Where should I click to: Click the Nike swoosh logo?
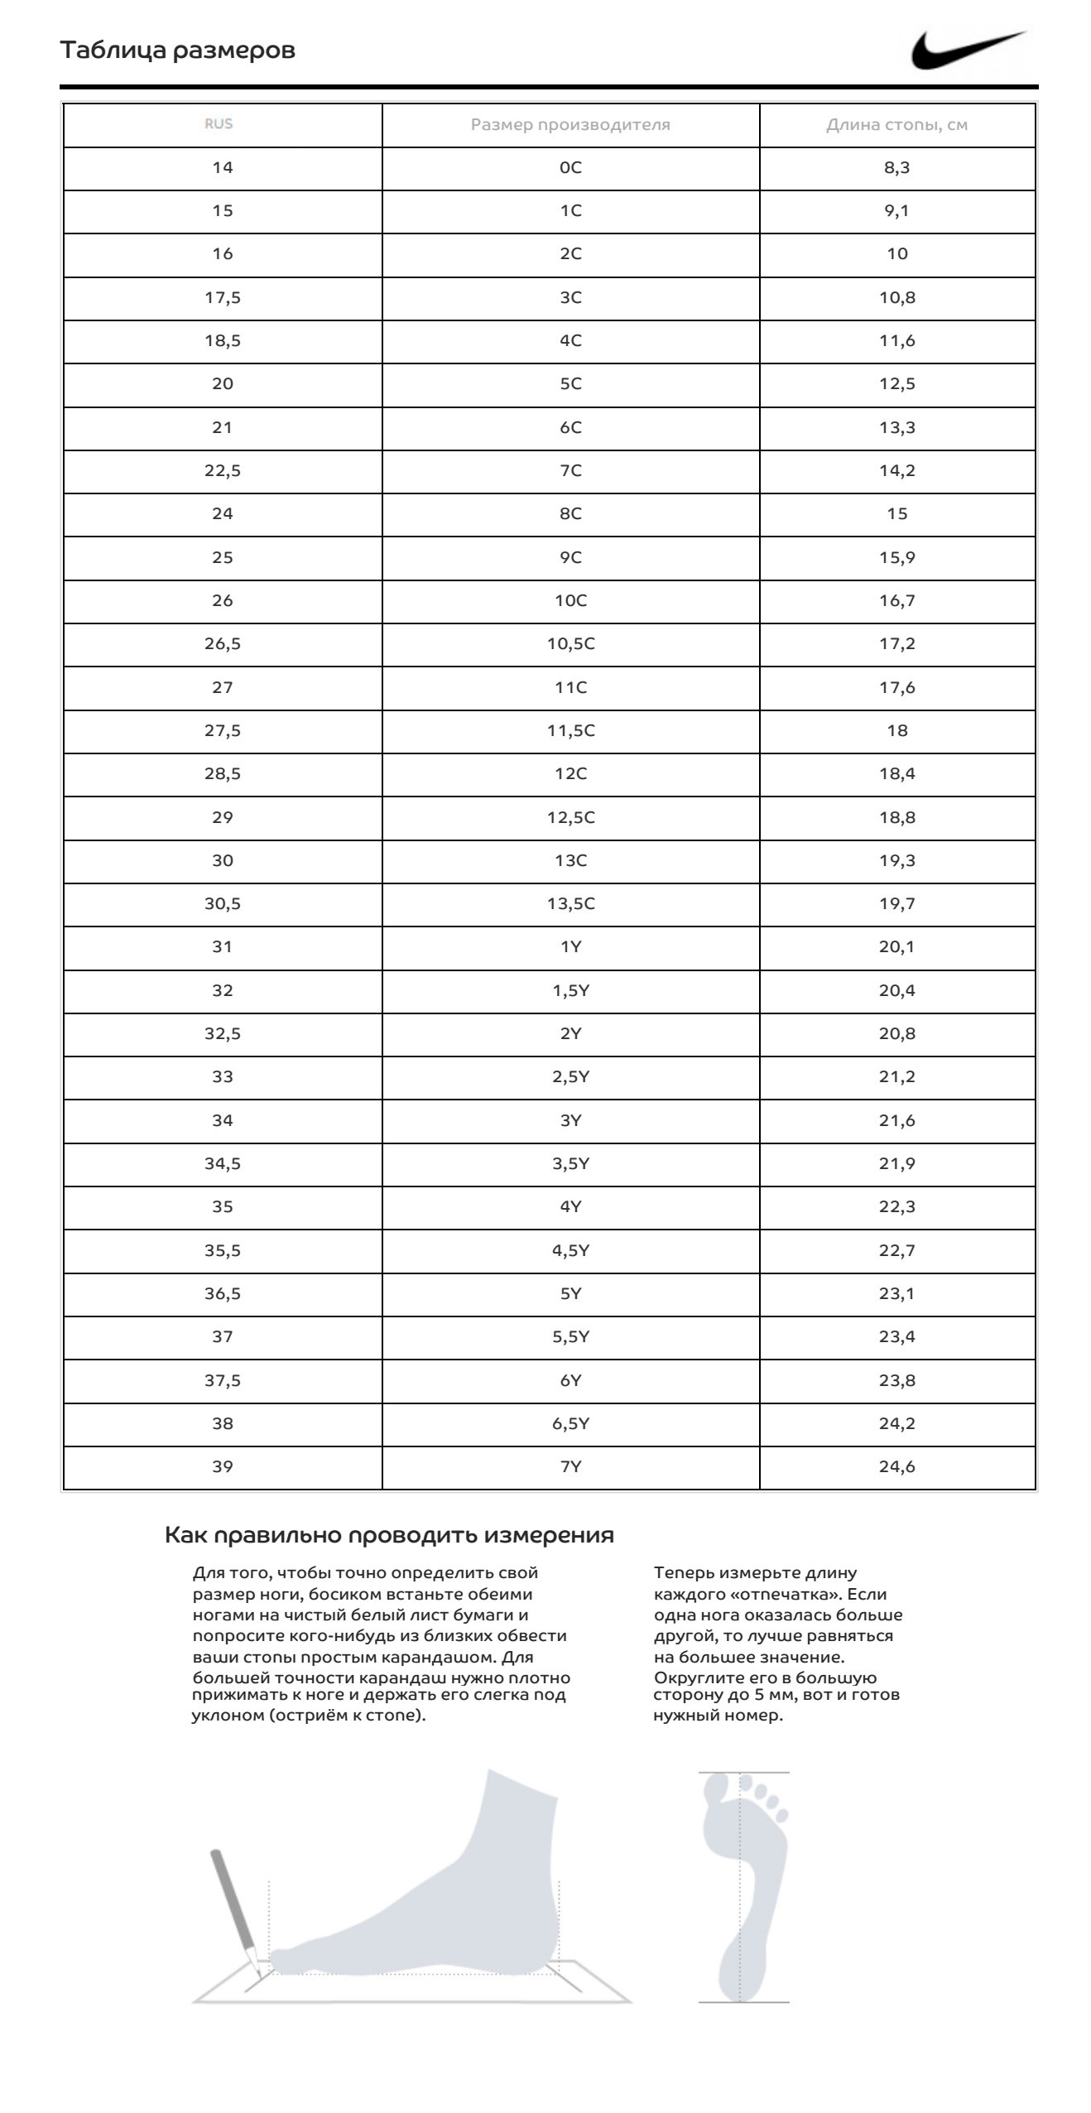pos(968,51)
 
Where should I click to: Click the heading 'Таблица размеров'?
pos(177,51)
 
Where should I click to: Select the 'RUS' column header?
pos(219,124)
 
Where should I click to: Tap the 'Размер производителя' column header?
pos(570,125)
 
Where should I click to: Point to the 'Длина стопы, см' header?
pos(896,125)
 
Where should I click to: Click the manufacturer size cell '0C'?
pos(570,168)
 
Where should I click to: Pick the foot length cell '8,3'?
pos(896,168)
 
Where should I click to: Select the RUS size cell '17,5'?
pos(223,298)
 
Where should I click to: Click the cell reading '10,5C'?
pos(570,644)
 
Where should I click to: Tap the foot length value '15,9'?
pos(896,557)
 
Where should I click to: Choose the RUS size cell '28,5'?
pos(223,774)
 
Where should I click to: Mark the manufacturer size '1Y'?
pos(570,947)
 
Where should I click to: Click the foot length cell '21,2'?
pos(896,1077)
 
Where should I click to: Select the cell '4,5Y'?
pos(570,1250)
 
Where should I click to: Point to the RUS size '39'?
pos(223,1467)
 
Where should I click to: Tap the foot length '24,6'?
pos(896,1467)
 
